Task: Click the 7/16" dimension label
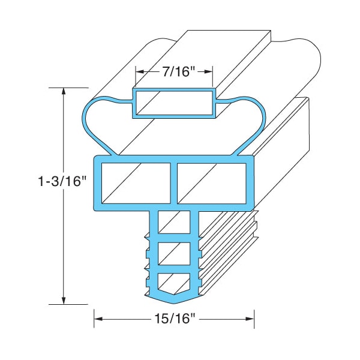click(x=174, y=71)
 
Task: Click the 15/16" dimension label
click(x=174, y=319)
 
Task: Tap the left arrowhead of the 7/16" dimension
click(x=138, y=71)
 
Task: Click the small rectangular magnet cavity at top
click(x=175, y=104)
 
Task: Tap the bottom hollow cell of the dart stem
click(x=173, y=283)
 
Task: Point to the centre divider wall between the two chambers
click(x=173, y=184)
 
